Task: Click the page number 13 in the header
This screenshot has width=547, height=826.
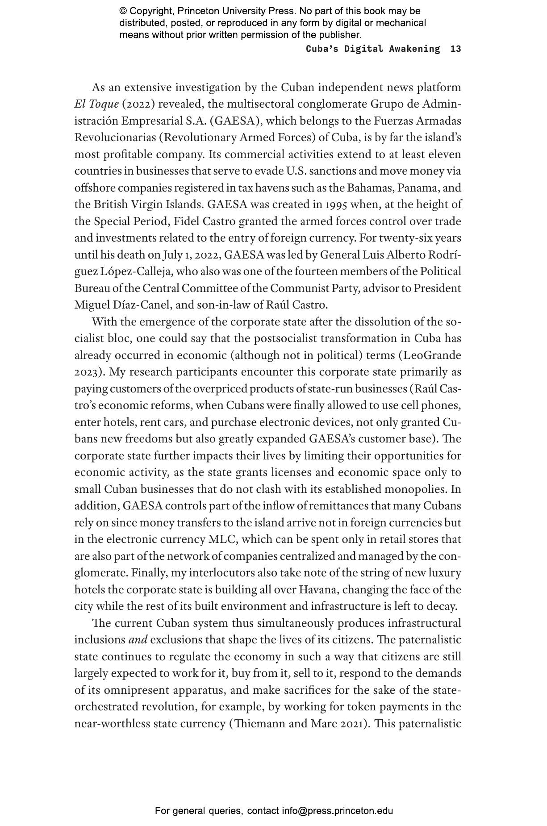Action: tap(455, 49)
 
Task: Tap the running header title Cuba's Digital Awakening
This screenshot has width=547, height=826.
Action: tap(373, 49)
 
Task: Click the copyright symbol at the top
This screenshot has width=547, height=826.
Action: tap(123, 11)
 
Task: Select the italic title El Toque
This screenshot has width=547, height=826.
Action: tap(96, 104)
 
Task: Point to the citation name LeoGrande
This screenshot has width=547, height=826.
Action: tap(432, 355)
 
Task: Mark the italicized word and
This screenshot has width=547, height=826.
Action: tap(138, 640)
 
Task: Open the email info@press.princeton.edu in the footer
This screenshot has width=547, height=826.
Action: tap(337, 811)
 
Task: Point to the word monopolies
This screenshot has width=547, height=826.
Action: tap(417, 489)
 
